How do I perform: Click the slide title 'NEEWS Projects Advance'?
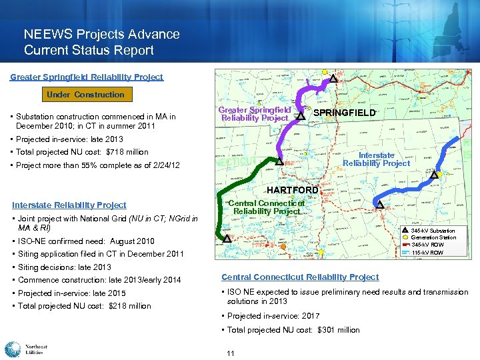(101, 34)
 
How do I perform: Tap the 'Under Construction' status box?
(85, 95)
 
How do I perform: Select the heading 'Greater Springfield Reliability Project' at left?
(87, 77)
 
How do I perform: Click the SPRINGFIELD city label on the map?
(345, 113)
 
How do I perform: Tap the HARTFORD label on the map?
(293, 190)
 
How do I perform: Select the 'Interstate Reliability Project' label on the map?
(376, 159)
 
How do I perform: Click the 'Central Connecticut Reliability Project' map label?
(266, 207)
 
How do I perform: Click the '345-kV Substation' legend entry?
(433, 231)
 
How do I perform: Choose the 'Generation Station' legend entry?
(433, 238)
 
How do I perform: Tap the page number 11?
(230, 353)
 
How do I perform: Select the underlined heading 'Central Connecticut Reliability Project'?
(300, 277)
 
